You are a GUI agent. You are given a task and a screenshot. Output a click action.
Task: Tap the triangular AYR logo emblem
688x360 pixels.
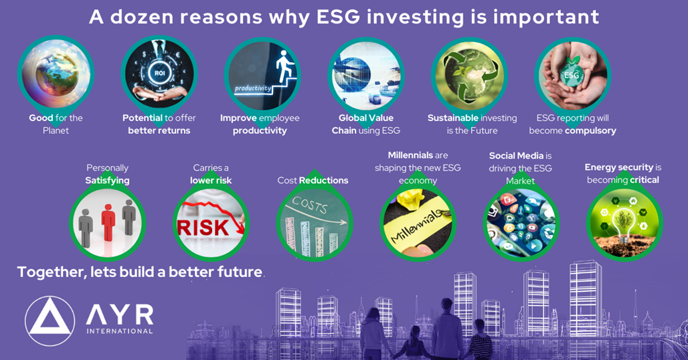[x=50, y=321]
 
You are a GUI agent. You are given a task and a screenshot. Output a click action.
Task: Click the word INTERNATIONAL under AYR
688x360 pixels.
[x=119, y=331]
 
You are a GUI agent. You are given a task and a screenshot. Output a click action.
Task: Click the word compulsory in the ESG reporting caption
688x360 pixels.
[x=590, y=130]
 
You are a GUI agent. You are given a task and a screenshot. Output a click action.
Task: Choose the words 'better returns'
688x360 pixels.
[x=159, y=130]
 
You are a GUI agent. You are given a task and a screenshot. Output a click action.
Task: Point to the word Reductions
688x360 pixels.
[x=323, y=180]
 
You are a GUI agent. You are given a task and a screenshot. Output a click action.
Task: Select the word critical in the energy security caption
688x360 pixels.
[x=644, y=179]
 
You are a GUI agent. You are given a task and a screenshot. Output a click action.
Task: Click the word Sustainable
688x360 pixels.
[x=452, y=118]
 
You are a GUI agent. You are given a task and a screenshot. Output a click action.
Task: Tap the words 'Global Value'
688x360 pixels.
[x=365, y=118]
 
